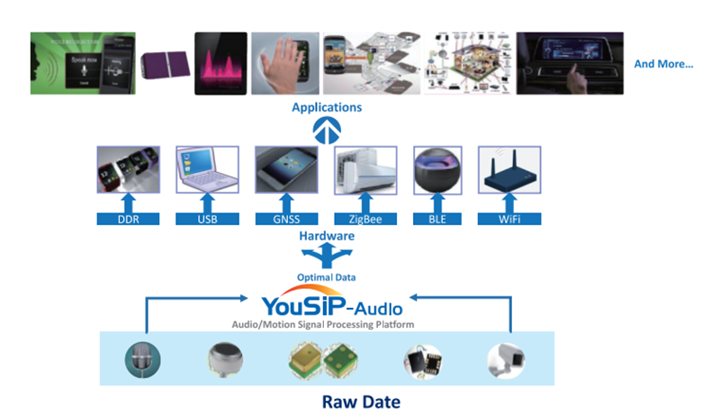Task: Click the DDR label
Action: [128, 219]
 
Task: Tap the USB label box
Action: [207, 219]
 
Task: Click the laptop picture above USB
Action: [207, 171]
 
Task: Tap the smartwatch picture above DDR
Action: [128, 171]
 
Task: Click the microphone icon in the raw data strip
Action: [144, 359]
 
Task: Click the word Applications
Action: [327, 107]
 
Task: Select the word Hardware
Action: [327, 236]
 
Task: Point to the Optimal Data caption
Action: [327, 276]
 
